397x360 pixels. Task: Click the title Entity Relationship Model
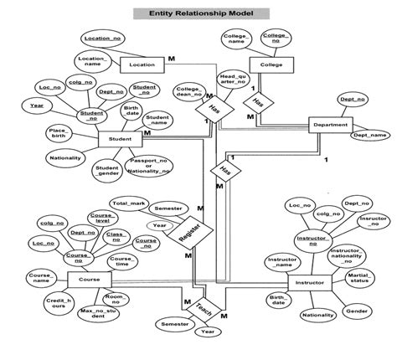click(x=198, y=14)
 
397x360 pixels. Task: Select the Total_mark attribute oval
click(x=128, y=203)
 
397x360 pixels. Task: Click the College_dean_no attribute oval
click(x=189, y=93)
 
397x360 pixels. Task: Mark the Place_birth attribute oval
click(x=58, y=133)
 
